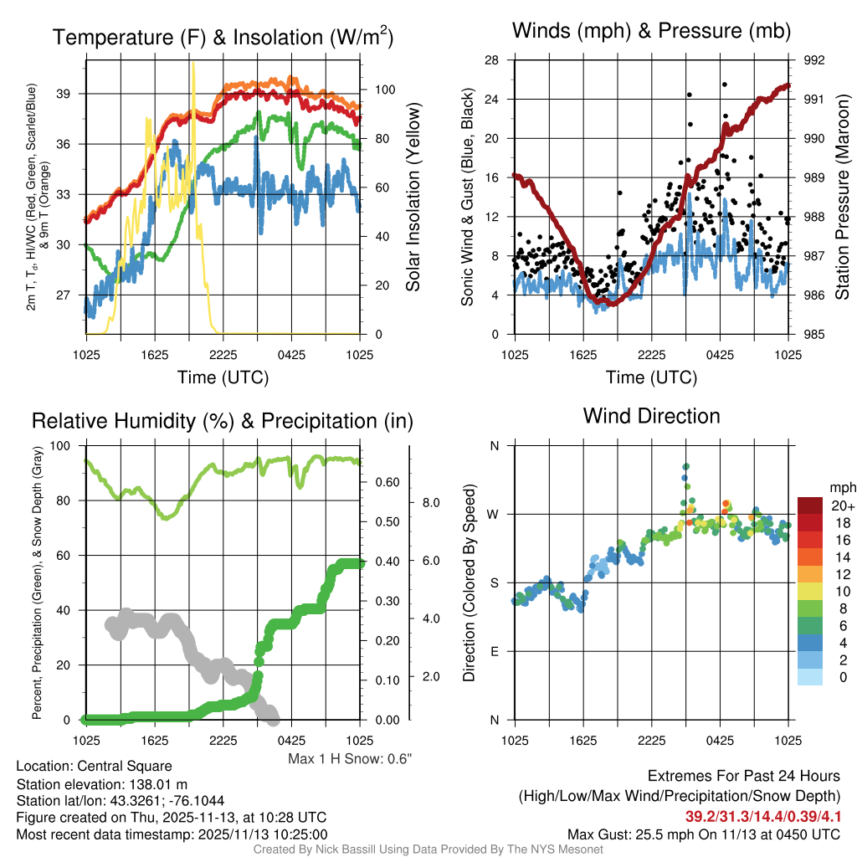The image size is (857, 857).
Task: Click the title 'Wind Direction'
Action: (x=651, y=416)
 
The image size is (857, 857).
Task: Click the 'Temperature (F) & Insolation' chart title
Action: (x=223, y=37)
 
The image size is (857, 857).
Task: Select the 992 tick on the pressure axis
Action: (x=813, y=60)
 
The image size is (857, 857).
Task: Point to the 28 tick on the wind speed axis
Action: (x=492, y=60)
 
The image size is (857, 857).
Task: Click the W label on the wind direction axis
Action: (x=495, y=514)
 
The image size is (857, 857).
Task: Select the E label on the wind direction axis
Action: (x=495, y=651)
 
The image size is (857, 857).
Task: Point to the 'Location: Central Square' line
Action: (x=94, y=767)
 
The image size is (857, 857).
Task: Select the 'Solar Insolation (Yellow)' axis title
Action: (x=413, y=198)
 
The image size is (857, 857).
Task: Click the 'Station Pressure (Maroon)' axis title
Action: (x=843, y=198)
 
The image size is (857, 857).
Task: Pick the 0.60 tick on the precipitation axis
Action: (x=385, y=483)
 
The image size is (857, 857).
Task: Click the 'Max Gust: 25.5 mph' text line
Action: (x=703, y=834)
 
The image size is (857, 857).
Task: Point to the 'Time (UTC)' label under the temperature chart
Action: (x=223, y=377)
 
